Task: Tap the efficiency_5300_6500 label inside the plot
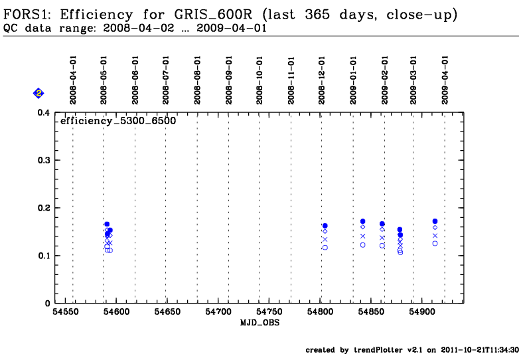(118, 122)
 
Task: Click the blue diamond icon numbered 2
(38, 94)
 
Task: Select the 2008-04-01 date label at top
(73, 80)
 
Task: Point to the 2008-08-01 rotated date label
(197, 80)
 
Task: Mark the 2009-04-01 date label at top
(445, 80)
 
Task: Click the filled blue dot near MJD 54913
(435, 221)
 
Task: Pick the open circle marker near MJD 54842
(363, 245)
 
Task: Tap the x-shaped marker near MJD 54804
(325, 240)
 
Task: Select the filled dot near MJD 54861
(382, 224)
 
